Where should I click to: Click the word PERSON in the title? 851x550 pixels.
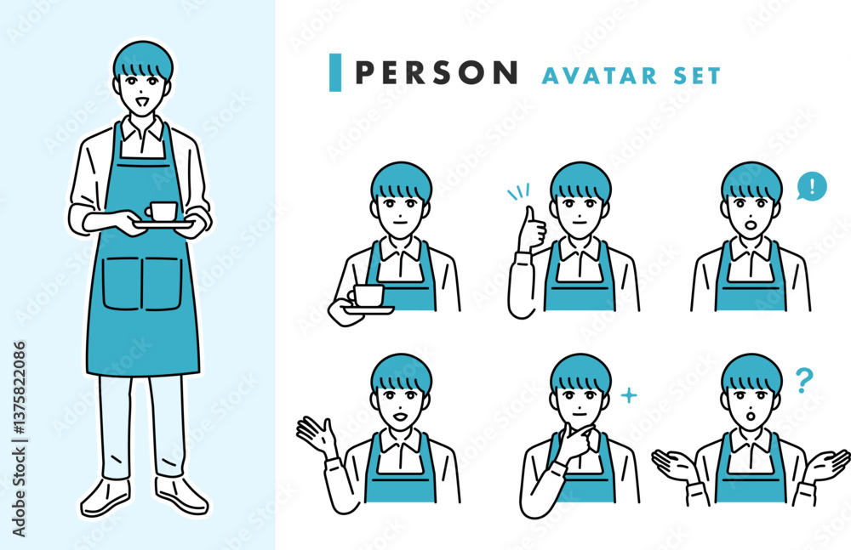click(437, 73)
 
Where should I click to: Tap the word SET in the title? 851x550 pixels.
click(697, 76)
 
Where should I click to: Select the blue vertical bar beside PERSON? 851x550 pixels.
click(335, 73)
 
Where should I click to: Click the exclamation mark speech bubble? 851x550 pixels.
click(811, 186)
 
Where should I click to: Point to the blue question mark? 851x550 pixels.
click(804, 380)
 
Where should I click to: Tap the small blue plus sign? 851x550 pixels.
click(629, 395)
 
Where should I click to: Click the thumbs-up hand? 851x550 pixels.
click(530, 230)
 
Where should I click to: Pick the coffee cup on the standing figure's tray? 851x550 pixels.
click(161, 211)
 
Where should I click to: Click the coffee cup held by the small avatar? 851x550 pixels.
click(366, 296)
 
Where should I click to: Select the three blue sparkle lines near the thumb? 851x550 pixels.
click(518, 191)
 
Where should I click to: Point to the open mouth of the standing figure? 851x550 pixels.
click(143, 102)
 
